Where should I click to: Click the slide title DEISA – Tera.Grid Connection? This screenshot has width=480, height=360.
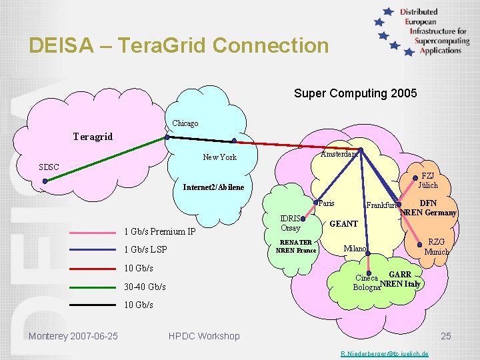point(179,45)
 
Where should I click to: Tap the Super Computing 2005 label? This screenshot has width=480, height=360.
point(355,93)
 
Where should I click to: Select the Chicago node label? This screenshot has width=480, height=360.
point(185,123)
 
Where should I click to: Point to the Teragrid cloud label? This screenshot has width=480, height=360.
point(93,137)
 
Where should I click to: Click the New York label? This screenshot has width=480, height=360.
point(219,157)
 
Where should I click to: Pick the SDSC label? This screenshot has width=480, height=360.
point(48,166)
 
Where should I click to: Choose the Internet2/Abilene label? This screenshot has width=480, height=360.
point(213,187)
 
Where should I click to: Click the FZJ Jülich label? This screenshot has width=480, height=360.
point(429,181)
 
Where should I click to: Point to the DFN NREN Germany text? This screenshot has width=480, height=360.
point(429,208)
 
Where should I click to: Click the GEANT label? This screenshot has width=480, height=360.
point(344,224)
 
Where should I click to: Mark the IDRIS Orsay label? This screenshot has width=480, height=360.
point(291,223)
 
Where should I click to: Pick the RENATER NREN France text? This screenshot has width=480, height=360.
point(296,246)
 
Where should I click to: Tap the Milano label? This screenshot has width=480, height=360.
point(355,249)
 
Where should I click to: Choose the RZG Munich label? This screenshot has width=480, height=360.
point(437,247)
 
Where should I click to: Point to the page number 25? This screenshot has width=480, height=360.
point(445,336)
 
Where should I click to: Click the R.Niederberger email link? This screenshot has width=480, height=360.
point(385,353)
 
